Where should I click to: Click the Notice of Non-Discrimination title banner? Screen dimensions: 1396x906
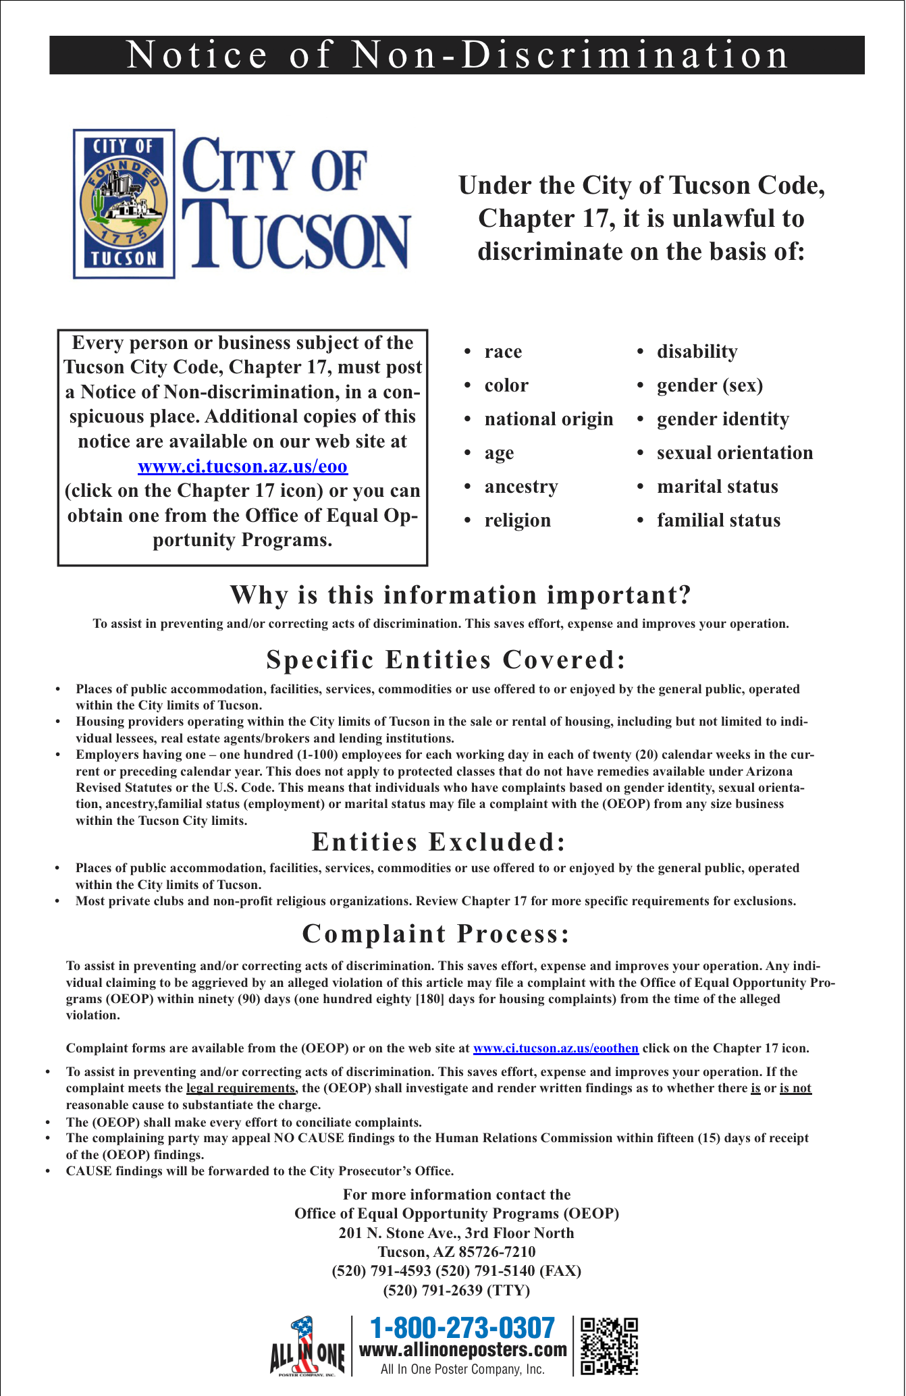(x=457, y=55)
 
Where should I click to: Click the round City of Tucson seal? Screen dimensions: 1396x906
(x=124, y=202)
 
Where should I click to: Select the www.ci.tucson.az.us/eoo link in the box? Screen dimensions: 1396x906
(x=242, y=466)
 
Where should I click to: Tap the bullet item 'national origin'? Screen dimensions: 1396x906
(x=548, y=419)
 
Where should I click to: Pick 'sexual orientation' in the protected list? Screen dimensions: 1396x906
(x=735, y=453)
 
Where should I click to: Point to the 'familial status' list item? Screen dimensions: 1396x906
(x=718, y=520)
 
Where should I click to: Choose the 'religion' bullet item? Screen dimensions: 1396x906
(x=517, y=520)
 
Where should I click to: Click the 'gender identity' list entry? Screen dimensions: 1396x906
(x=722, y=419)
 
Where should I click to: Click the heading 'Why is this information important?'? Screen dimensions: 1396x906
(x=460, y=595)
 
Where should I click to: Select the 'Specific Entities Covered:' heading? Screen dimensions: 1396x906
(x=446, y=660)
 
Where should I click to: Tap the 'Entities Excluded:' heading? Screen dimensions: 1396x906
(x=438, y=842)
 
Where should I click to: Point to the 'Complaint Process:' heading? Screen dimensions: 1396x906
(x=436, y=934)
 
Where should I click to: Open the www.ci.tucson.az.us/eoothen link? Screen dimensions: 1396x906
(x=556, y=1048)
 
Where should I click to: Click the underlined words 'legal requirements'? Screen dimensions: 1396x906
(x=240, y=1088)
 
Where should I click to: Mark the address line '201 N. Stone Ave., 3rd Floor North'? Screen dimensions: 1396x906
(x=456, y=1233)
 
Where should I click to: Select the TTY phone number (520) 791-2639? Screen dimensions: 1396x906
(x=456, y=1290)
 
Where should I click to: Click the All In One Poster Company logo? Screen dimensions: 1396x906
(x=307, y=1346)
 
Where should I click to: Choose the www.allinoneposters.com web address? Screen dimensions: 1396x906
(x=463, y=1349)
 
